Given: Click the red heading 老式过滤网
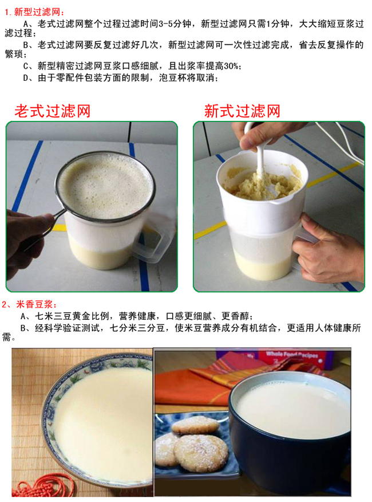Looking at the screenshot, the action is (53, 111).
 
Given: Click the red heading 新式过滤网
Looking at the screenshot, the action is (242, 111).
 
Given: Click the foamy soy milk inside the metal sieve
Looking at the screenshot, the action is (105, 186).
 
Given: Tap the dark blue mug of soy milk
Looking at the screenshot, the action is (290, 426).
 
